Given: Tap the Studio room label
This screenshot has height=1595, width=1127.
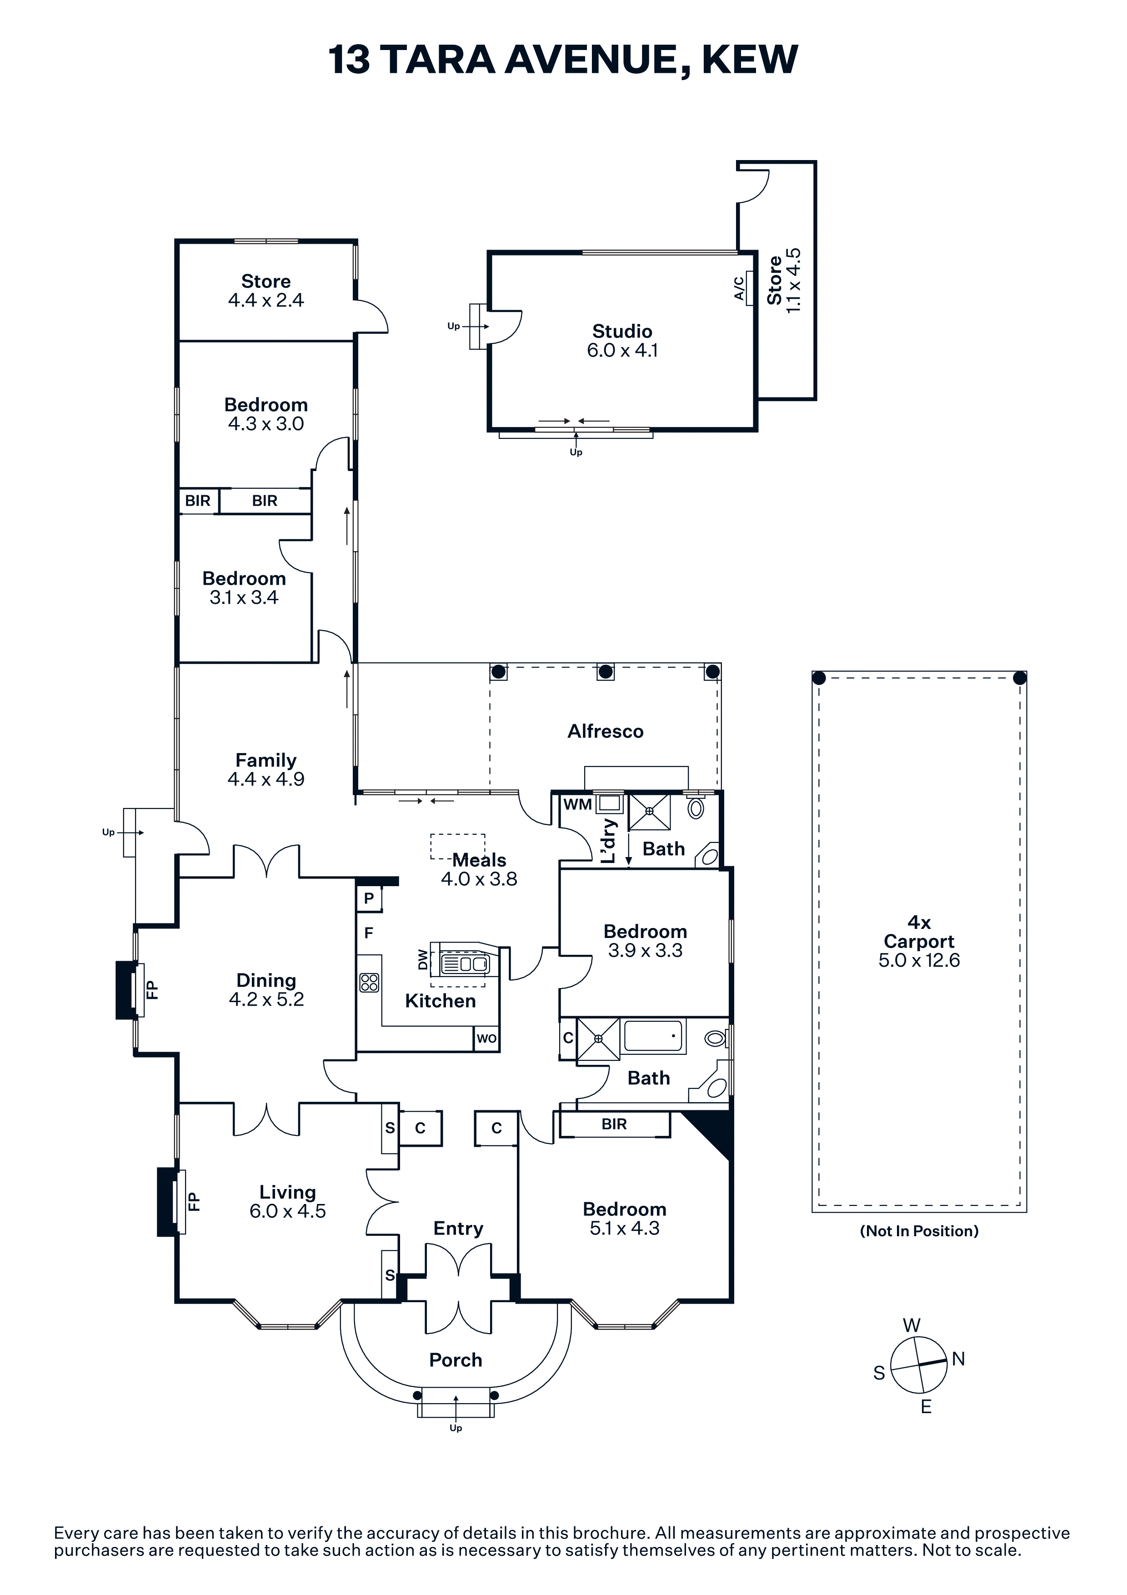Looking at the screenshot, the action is (622, 331).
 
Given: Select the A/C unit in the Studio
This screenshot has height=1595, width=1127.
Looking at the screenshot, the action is (749, 288).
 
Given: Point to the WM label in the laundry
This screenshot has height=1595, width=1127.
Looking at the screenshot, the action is (578, 804).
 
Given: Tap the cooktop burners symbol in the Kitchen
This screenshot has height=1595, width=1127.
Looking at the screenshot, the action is (370, 982).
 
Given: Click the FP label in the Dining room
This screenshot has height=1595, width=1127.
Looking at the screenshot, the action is (153, 989).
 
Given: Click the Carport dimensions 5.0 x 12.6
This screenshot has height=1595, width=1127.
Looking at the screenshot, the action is (919, 961).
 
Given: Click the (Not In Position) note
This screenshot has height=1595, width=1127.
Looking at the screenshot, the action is (919, 1231).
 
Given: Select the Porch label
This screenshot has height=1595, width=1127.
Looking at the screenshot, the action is (456, 1359).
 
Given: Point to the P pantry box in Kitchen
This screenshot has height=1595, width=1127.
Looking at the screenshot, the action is (369, 898).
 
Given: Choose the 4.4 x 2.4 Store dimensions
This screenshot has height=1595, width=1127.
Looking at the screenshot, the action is (266, 300).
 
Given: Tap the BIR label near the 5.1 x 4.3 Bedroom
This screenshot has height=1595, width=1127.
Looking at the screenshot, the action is (615, 1124).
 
